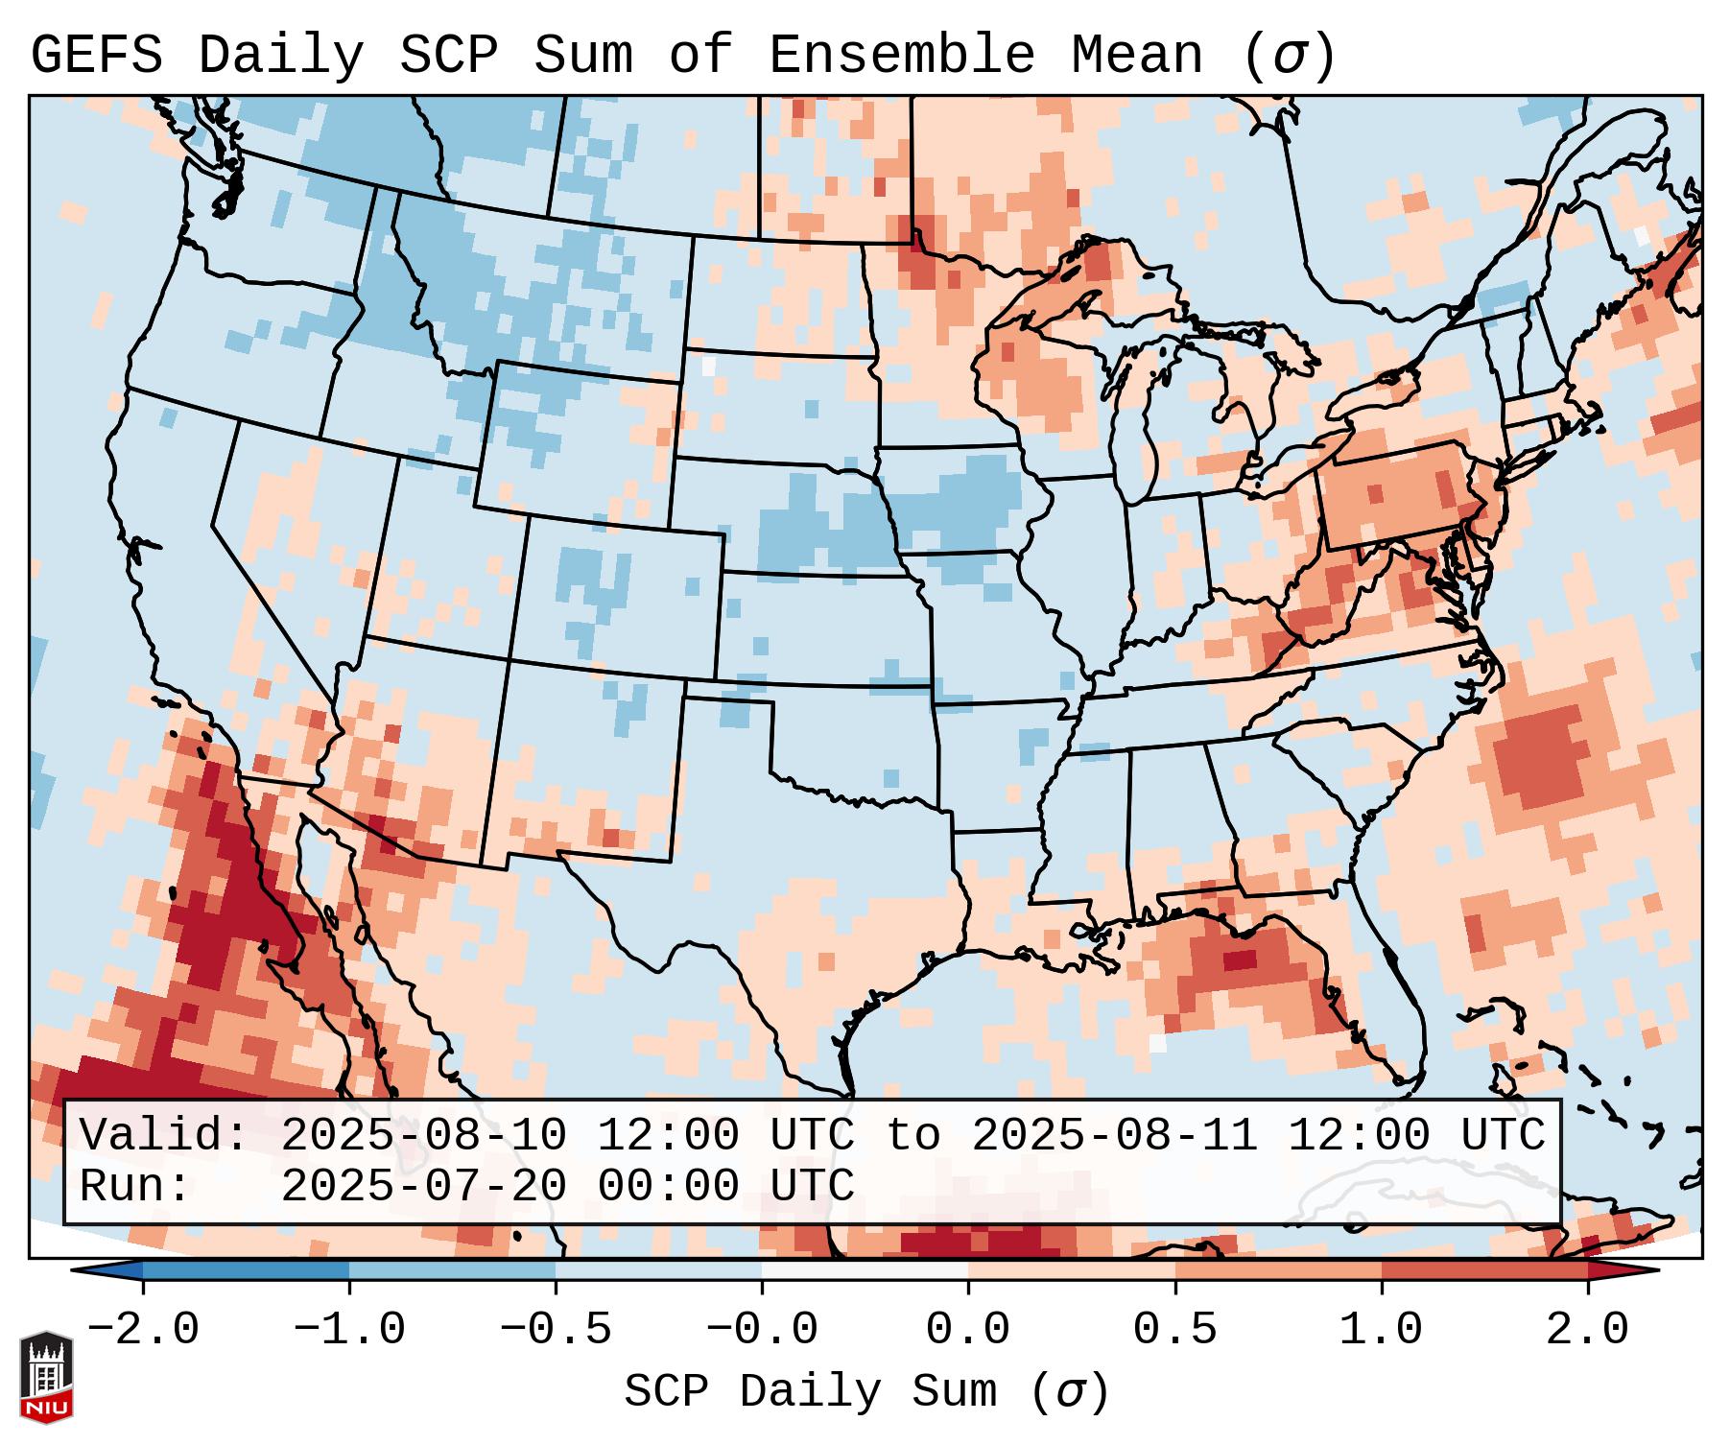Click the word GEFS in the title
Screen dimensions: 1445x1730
96,56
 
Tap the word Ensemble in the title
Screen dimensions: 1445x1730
902,56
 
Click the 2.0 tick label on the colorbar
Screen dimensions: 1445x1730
1587,1330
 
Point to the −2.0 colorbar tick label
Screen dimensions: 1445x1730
143,1330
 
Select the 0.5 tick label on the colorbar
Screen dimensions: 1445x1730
1174,1330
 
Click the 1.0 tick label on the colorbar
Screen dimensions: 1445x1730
1381,1330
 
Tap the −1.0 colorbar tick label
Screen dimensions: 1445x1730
349,1330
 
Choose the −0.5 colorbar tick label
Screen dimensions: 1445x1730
556,1330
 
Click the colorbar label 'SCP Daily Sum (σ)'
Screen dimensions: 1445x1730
865,1392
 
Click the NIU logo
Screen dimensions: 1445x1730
46,1377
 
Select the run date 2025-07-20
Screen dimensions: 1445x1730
423,1187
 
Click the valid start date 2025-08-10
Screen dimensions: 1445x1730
423,1136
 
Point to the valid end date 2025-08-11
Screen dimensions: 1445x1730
1114,1136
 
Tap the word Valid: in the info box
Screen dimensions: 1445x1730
164,1136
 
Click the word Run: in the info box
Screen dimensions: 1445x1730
135,1187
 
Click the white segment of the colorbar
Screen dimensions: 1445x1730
865,1270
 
